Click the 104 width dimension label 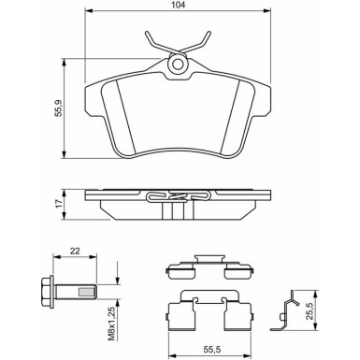pyautogui.click(x=179, y=5)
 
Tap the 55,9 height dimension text pyautogui.click(x=59, y=108)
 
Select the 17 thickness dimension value pyautogui.click(x=59, y=204)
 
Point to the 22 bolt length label pyautogui.click(x=75, y=251)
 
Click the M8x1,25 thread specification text pyautogui.click(x=112, y=324)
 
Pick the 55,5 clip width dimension pyautogui.click(x=212, y=350)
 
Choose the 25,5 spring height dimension pyautogui.click(x=310, y=310)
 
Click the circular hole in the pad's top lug pyautogui.click(x=178, y=65)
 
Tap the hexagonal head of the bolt pyautogui.click(x=48, y=292)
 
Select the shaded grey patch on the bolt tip pyautogui.click(x=87, y=292)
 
